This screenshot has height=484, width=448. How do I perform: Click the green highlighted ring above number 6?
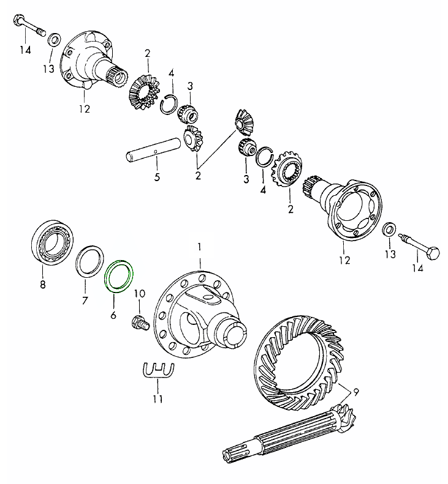(121, 277)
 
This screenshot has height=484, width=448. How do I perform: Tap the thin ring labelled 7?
(91, 264)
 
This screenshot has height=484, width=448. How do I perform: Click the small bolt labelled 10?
(140, 321)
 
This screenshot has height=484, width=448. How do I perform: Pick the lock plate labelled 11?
(158, 370)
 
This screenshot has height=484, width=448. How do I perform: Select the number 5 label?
(157, 177)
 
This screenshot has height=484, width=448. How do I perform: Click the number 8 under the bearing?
(42, 284)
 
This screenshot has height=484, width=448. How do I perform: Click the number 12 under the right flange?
(344, 261)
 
